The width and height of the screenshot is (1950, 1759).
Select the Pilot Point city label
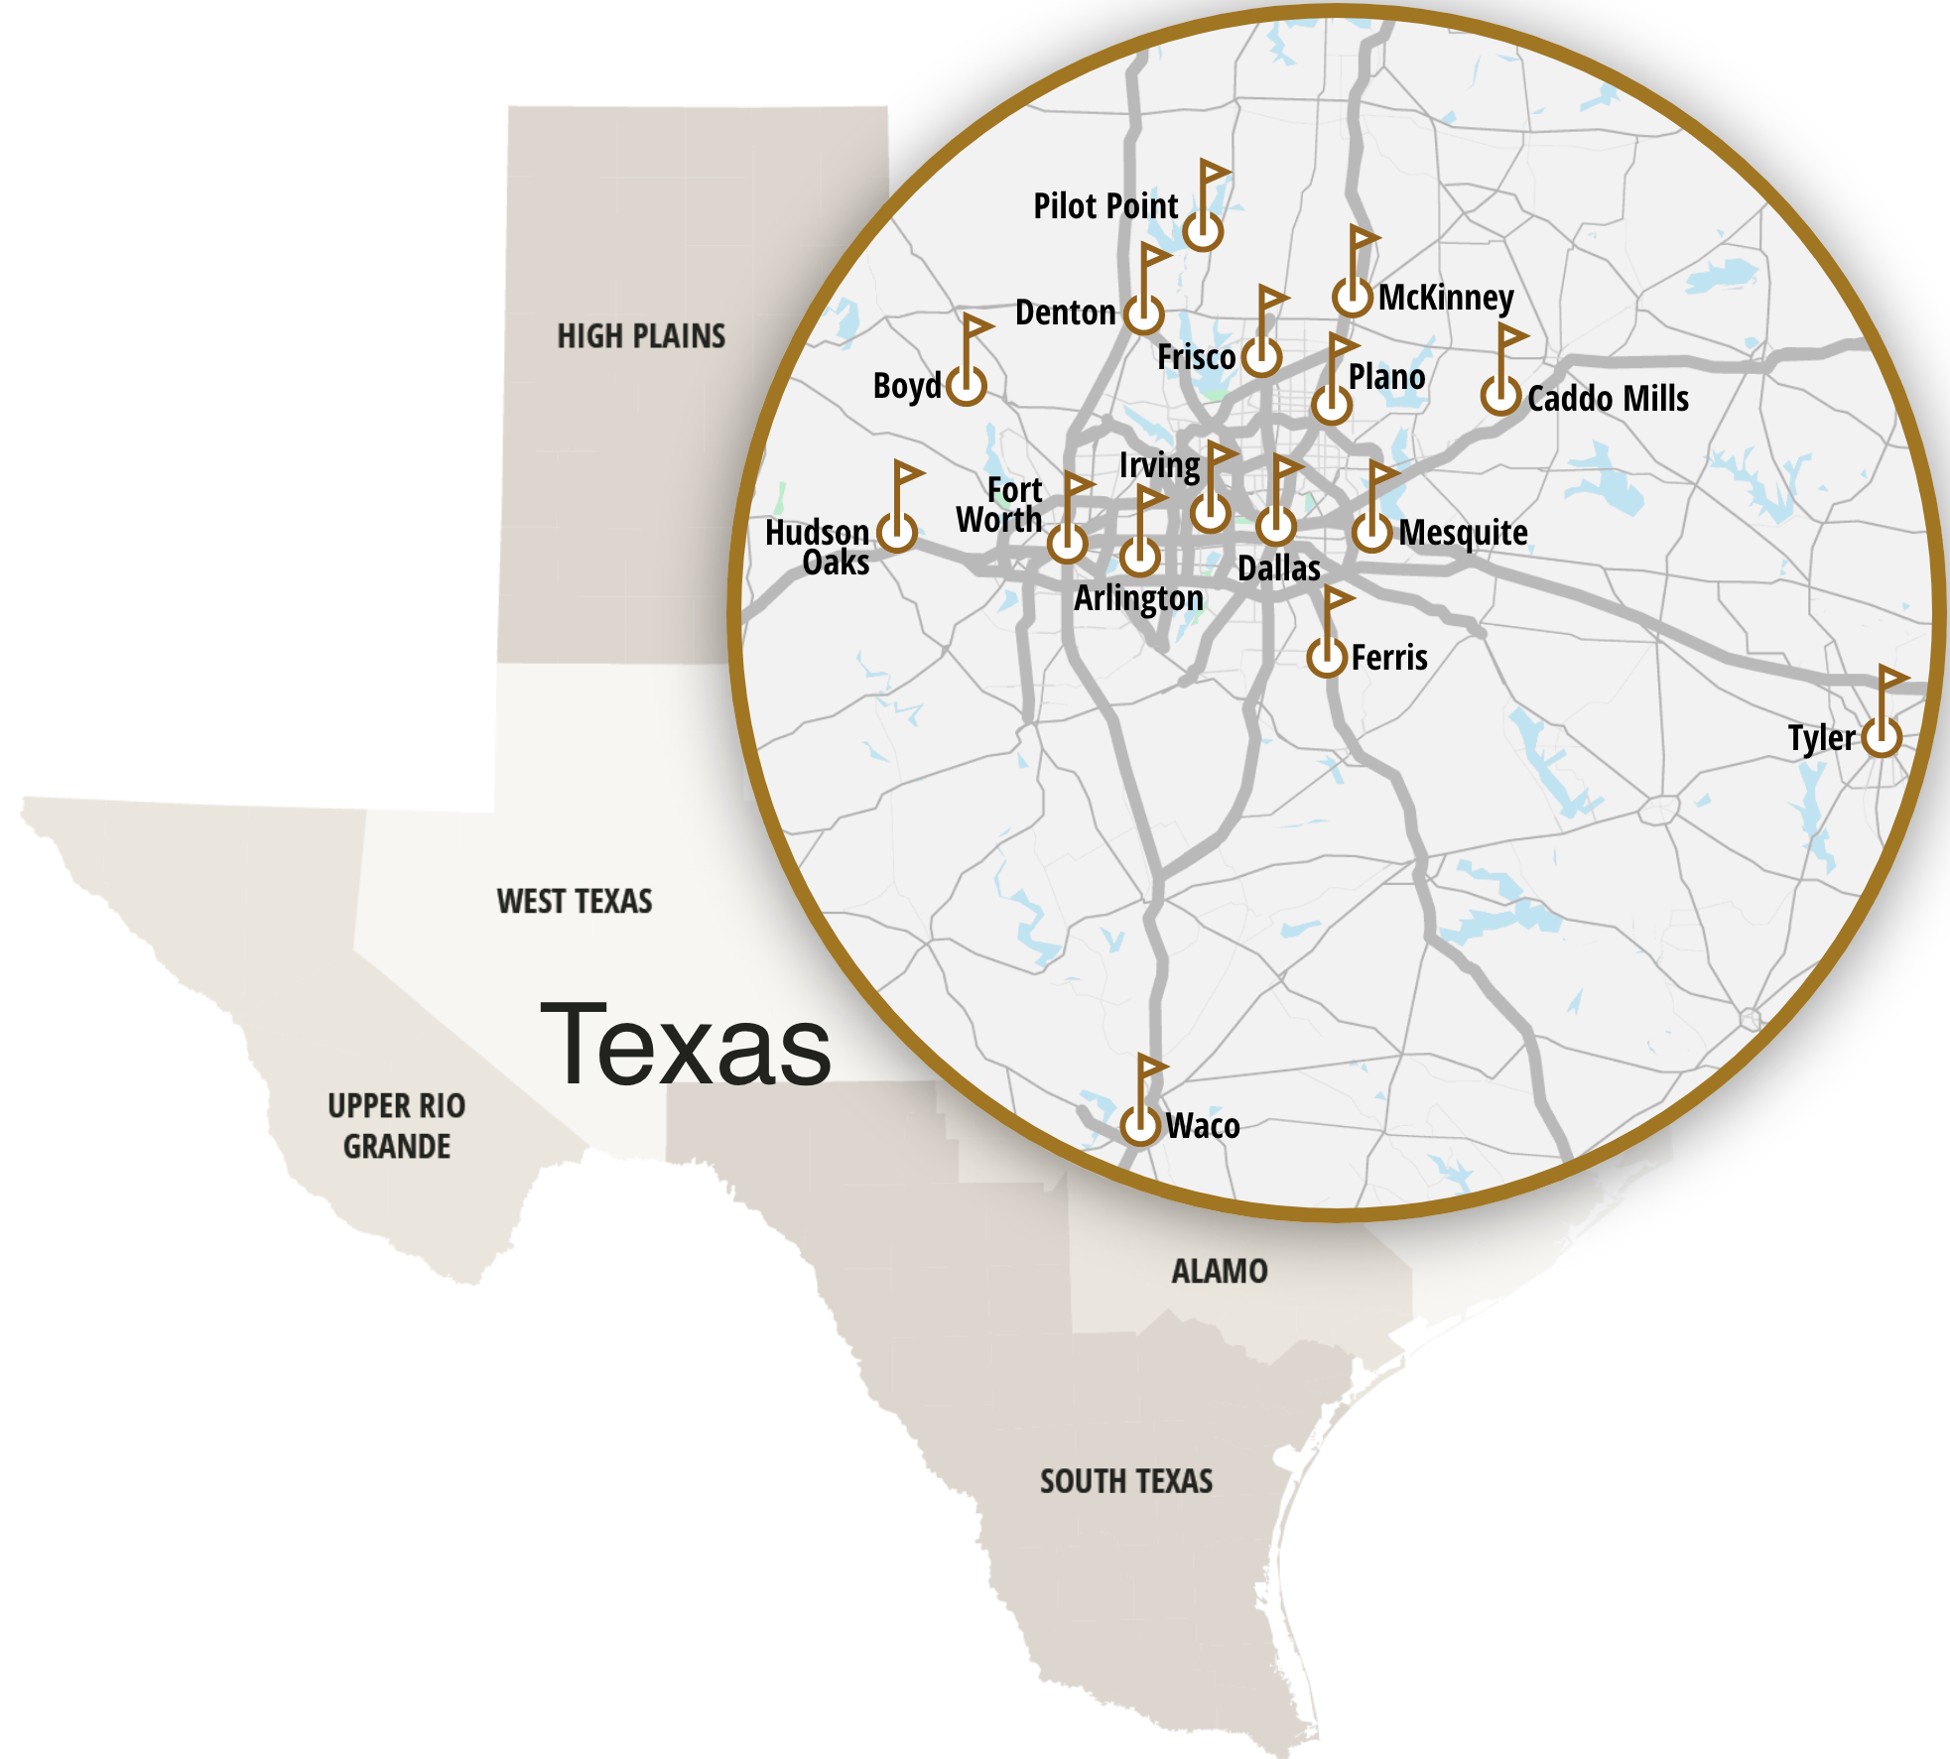point(1105,206)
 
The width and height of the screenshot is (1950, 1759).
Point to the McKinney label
point(1446,297)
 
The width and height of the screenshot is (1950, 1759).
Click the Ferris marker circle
point(1327,656)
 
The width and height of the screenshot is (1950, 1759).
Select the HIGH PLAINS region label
point(641,336)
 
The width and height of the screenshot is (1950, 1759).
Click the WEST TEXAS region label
point(575,901)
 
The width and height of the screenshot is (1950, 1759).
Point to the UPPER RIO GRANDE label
point(397,1126)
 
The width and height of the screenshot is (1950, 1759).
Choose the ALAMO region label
point(1220,1271)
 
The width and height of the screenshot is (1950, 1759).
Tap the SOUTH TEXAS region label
point(1126,1481)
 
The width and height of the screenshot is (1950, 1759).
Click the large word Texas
point(686,1045)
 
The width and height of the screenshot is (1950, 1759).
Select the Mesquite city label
point(1463,533)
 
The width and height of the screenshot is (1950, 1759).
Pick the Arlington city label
point(1138,599)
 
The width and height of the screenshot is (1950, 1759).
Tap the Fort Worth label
point(999,505)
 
